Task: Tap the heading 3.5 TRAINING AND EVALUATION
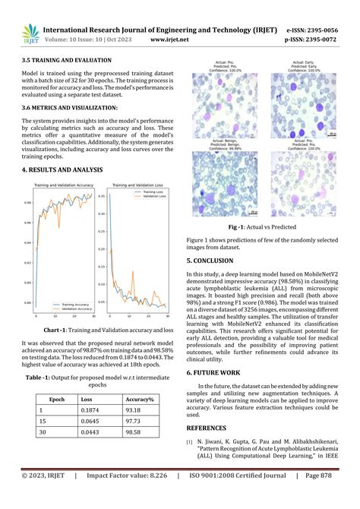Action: [67, 59]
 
